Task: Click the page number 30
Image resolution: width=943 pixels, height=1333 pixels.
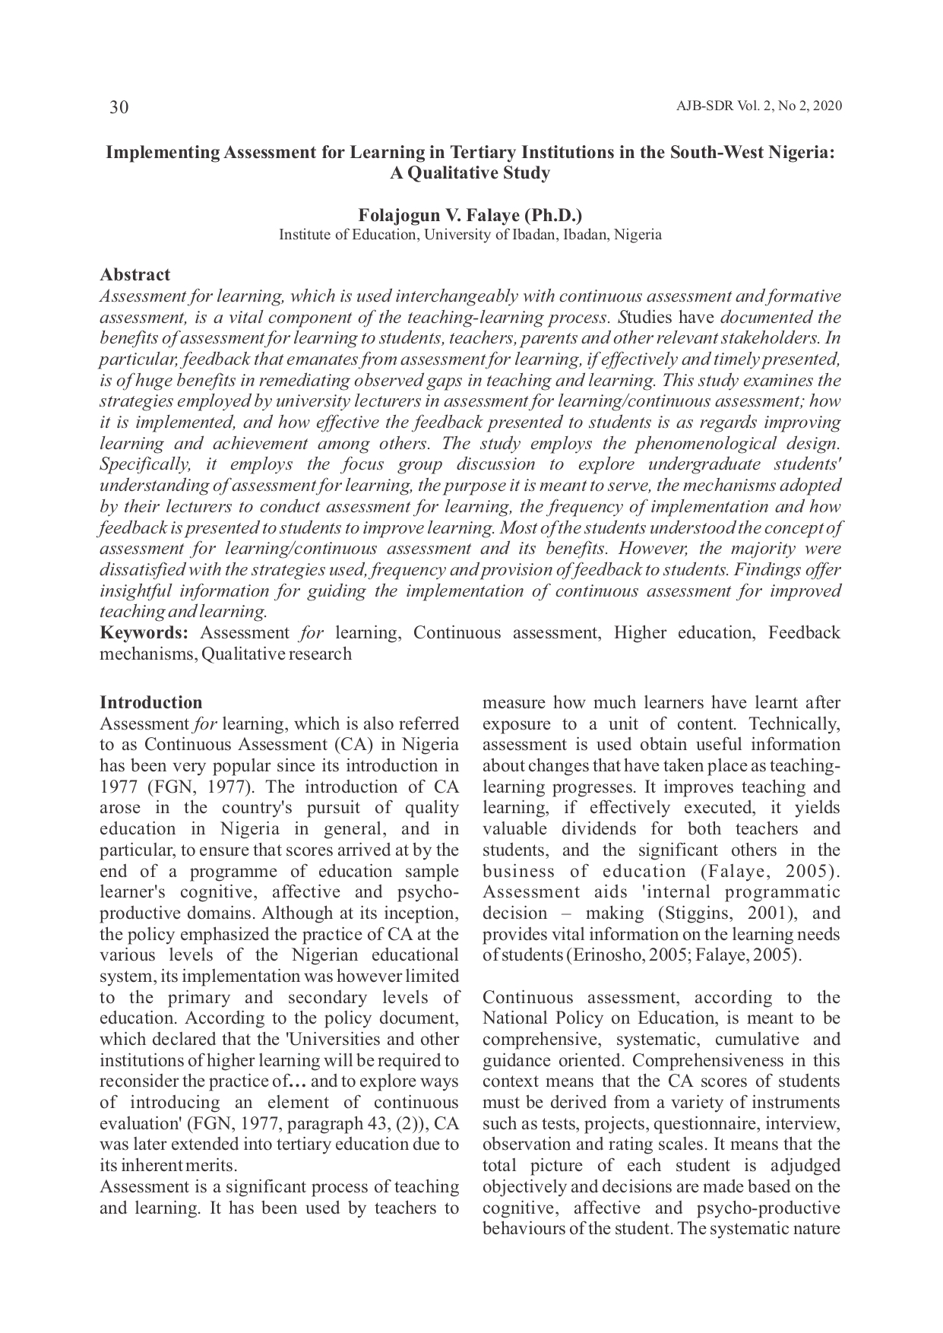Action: tap(119, 107)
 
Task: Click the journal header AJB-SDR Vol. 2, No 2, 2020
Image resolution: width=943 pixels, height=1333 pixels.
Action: tap(758, 106)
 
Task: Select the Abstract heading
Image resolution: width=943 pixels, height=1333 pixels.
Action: tap(135, 274)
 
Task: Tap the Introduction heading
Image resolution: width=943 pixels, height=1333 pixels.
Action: tap(151, 702)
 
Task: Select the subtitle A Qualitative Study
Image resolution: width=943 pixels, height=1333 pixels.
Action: tap(470, 173)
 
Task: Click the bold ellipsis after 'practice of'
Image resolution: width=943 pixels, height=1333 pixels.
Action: tap(298, 1081)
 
